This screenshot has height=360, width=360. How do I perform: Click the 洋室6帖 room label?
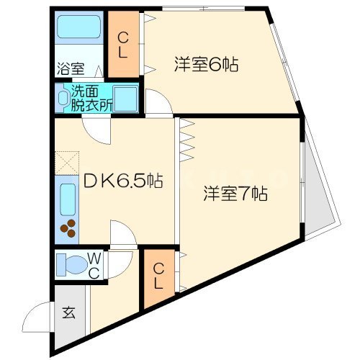tap(206, 64)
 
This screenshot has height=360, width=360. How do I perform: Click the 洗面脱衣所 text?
tap(91, 99)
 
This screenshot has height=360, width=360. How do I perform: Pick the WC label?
tap(95, 264)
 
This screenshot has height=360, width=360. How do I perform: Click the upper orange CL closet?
tap(123, 45)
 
